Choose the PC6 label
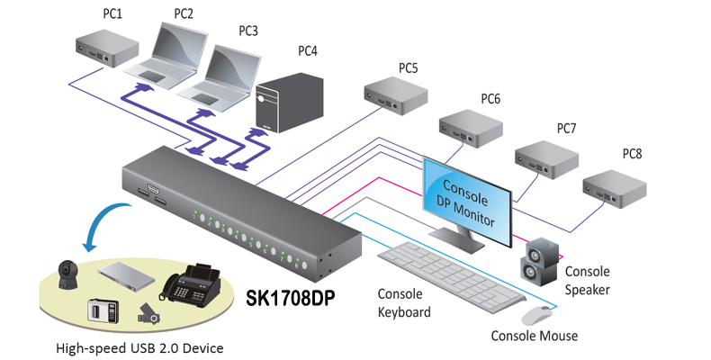[x=490, y=98]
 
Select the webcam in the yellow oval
[x=67, y=274]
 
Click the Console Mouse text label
[x=534, y=337]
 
